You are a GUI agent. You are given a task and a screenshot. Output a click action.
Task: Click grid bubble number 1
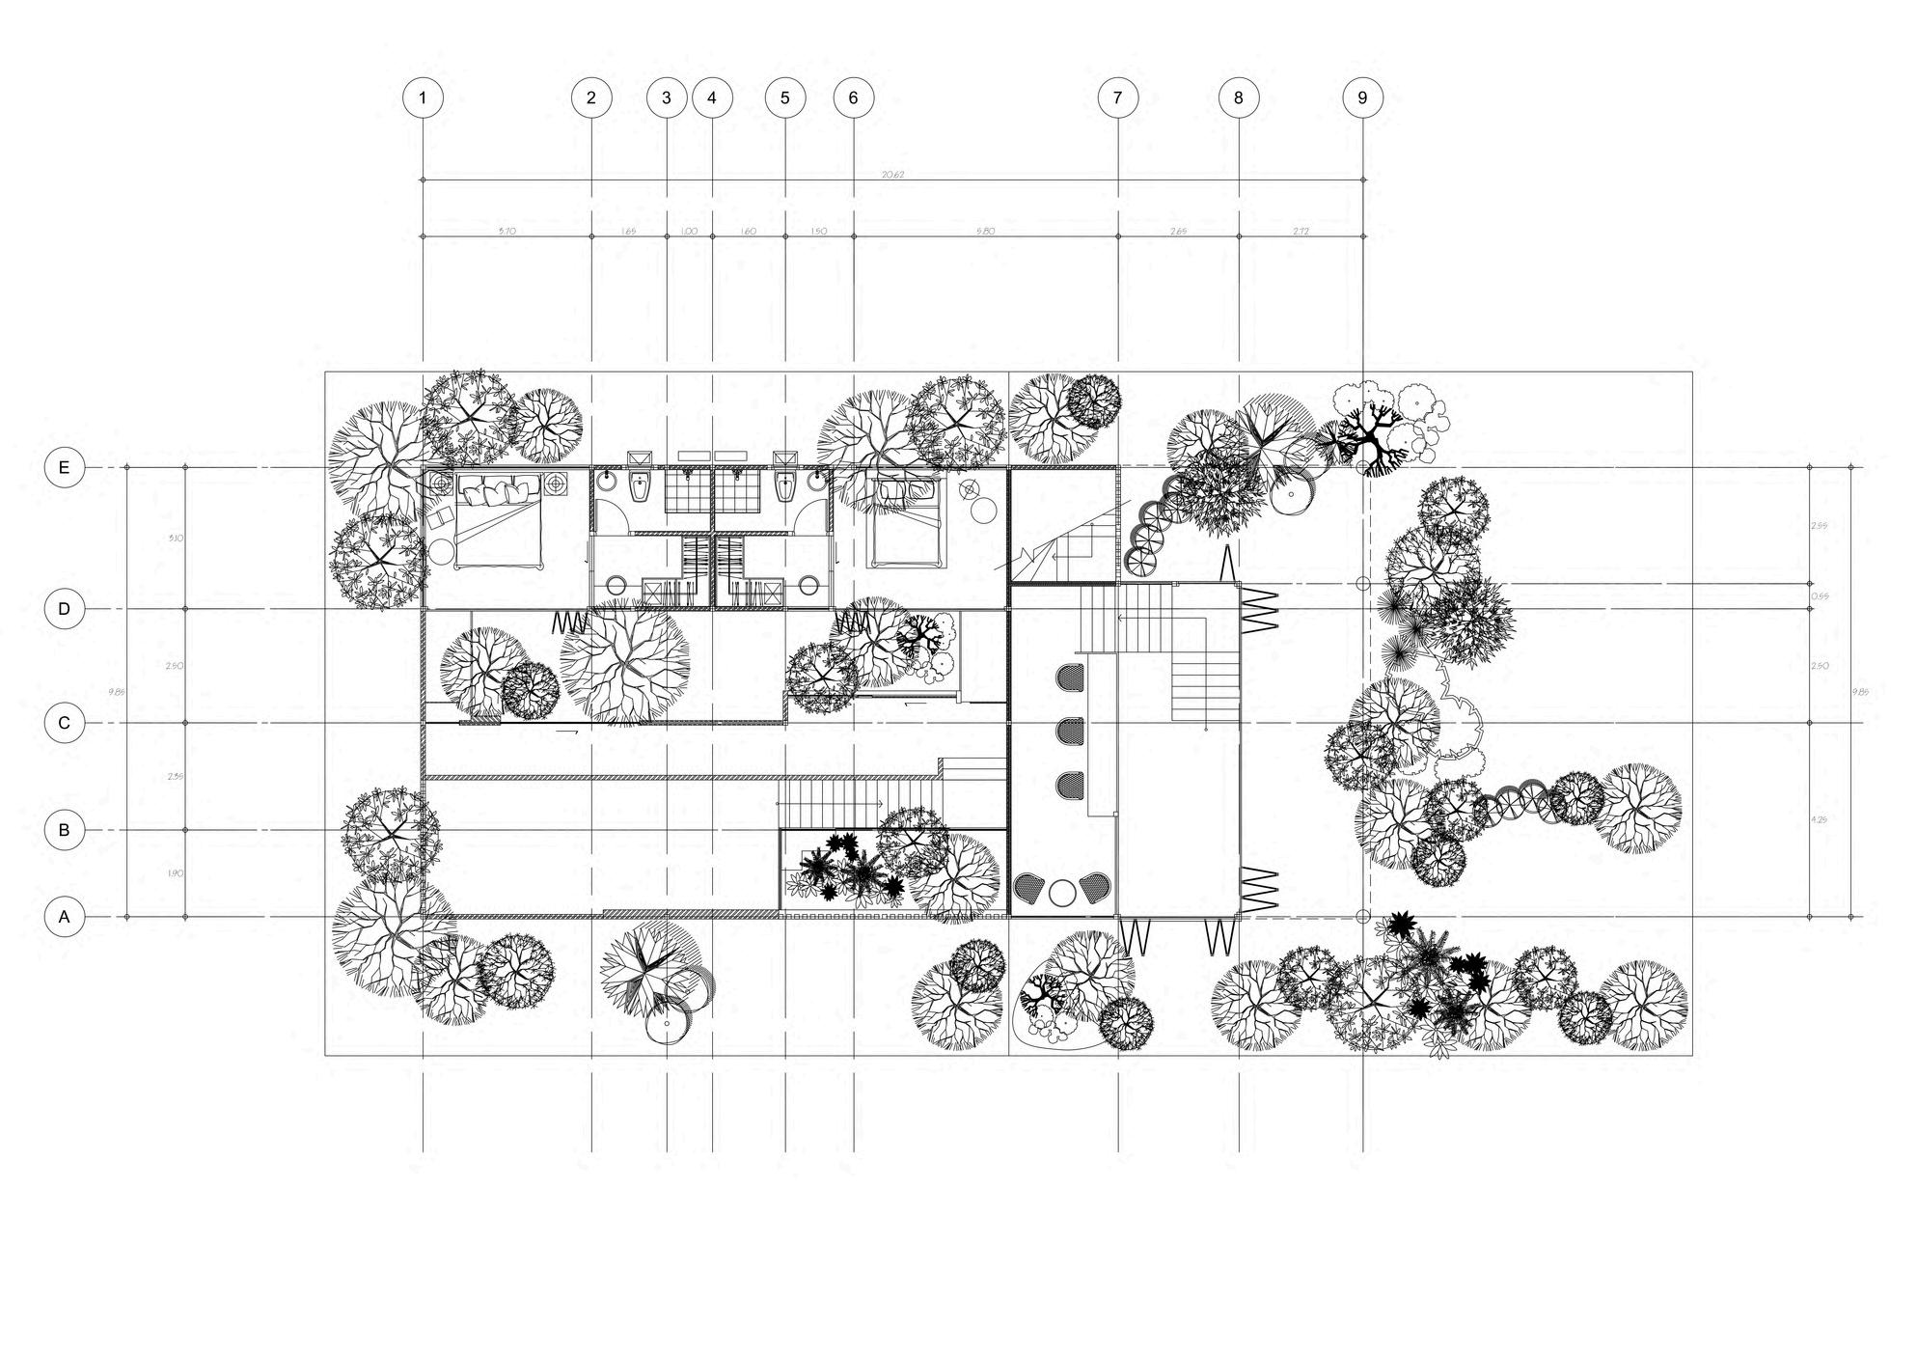tap(423, 97)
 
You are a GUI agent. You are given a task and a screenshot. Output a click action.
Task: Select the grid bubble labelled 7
tap(1118, 97)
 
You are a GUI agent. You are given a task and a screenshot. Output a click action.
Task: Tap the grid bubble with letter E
tap(65, 468)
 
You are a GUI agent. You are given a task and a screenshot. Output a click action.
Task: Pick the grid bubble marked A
tap(65, 917)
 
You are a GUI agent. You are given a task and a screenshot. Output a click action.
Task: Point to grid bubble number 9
tap(1362, 97)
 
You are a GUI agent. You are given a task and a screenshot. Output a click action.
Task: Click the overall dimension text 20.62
tap(892, 175)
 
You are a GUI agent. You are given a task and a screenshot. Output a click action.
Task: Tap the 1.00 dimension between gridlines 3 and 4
tap(689, 232)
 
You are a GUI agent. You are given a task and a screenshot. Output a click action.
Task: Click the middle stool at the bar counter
tap(1069, 731)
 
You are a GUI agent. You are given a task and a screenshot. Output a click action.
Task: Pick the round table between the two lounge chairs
tap(1062, 893)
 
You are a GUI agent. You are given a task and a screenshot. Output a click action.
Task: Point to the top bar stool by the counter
tap(1069, 677)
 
